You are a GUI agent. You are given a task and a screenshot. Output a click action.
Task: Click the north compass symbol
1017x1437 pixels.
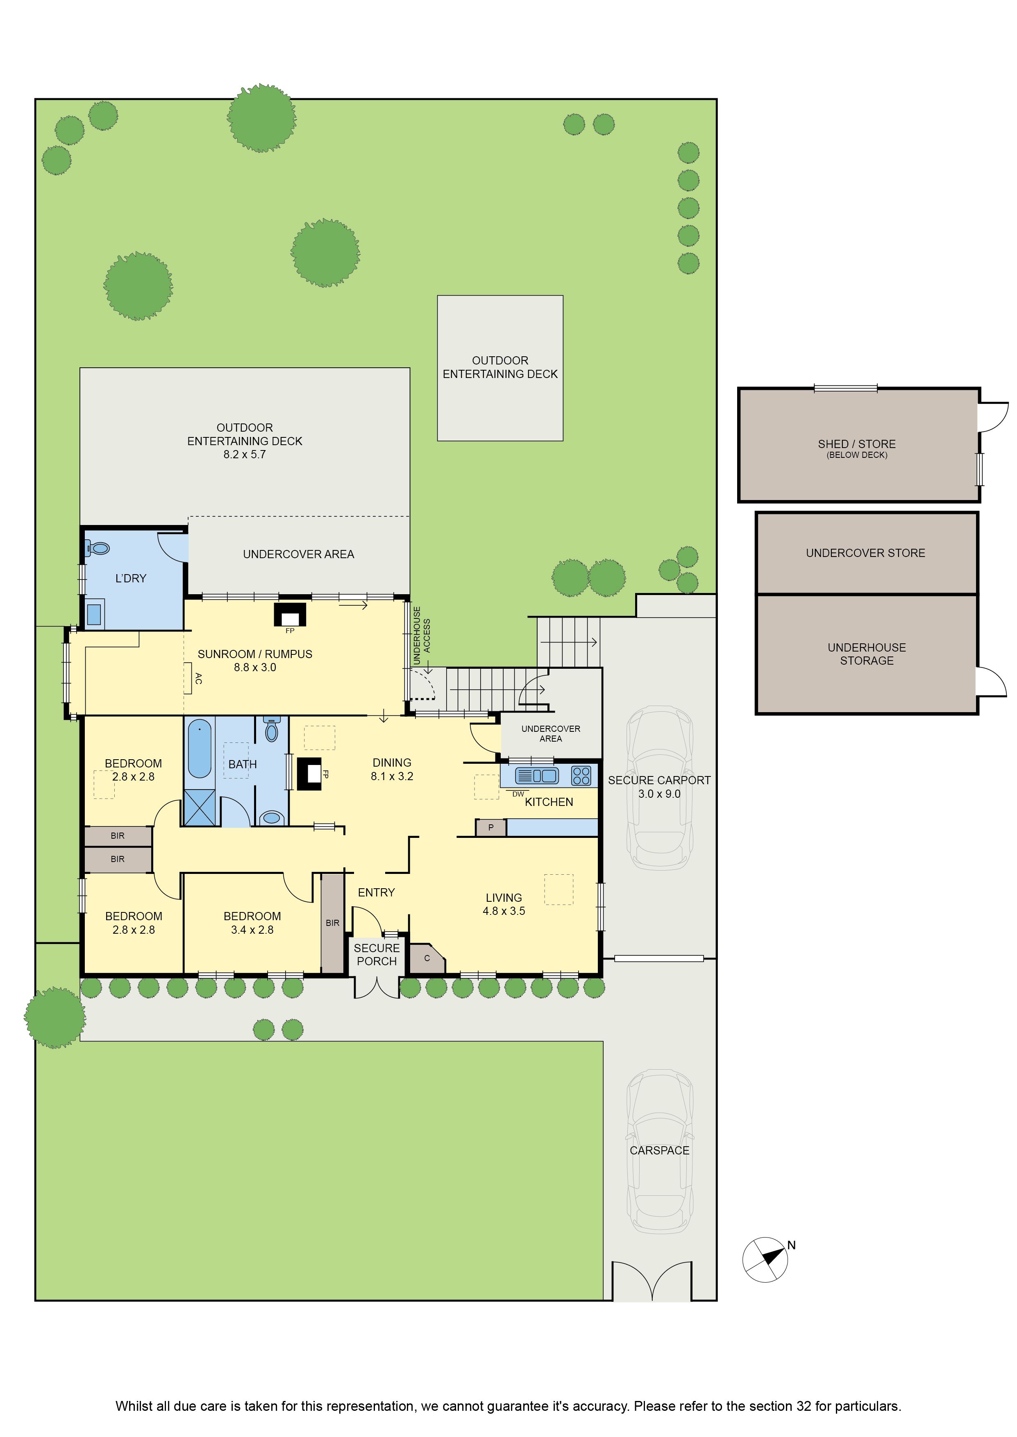(765, 1259)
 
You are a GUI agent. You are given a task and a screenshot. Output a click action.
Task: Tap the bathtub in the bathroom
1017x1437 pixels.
(200, 749)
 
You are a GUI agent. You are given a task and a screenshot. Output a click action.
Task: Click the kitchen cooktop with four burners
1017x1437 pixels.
(581, 776)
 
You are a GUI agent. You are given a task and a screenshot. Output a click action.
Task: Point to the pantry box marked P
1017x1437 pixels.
(491, 827)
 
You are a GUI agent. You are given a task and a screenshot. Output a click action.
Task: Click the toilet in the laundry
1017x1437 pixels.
(96, 549)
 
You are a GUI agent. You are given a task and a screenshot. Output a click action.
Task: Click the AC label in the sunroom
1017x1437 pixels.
(198, 678)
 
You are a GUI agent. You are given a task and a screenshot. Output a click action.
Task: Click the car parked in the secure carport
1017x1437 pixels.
(660, 788)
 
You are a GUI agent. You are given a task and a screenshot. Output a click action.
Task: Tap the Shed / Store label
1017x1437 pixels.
(857, 444)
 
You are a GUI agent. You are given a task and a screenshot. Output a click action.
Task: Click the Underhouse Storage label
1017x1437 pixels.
(867, 654)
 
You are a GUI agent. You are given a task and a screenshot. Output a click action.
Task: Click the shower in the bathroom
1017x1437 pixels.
(200, 808)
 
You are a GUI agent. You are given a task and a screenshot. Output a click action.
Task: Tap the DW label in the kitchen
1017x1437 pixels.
(518, 794)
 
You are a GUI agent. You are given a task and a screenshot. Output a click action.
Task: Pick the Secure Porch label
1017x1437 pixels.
(377, 955)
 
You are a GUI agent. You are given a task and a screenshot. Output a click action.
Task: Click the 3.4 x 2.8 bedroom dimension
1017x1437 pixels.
(252, 930)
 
